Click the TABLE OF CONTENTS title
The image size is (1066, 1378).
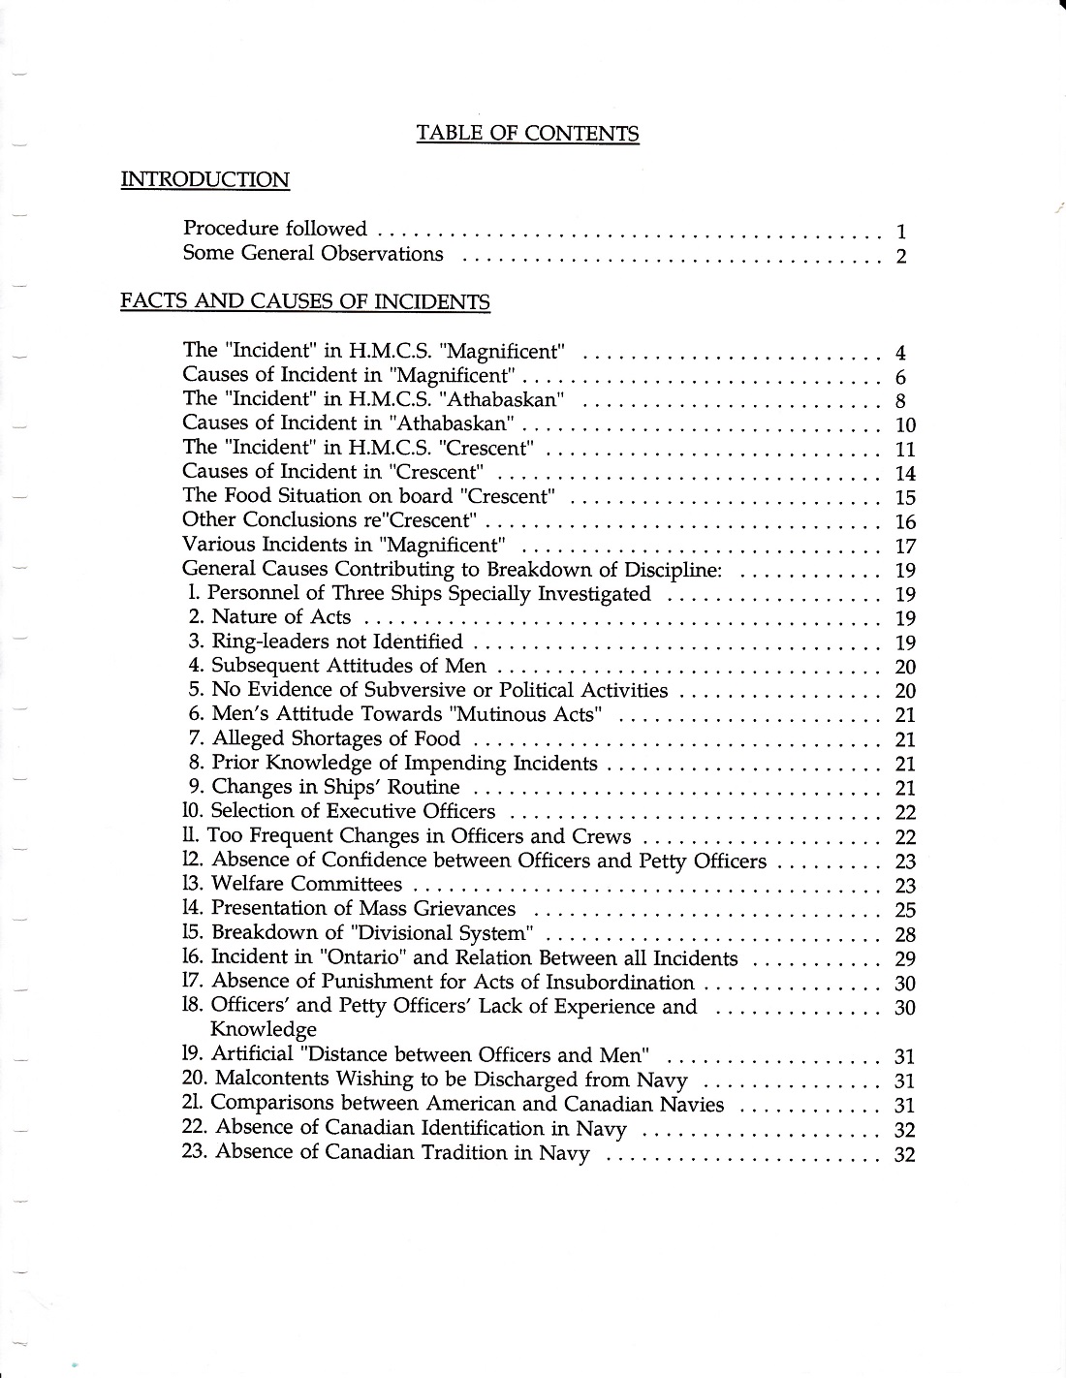[x=527, y=133]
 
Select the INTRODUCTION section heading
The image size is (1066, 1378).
[x=204, y=179]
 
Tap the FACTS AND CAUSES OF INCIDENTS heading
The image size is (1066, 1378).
[x=304, y=301]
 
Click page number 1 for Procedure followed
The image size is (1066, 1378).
[x=901, y=231]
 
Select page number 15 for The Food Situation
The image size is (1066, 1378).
[x=905, y=497]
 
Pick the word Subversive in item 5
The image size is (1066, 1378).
[x=418, y=690]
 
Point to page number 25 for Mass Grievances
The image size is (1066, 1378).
[x=905, y=909]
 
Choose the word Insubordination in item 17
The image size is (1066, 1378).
[x=611, y=982]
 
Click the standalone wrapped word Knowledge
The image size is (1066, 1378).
[x=264, y=1029]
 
